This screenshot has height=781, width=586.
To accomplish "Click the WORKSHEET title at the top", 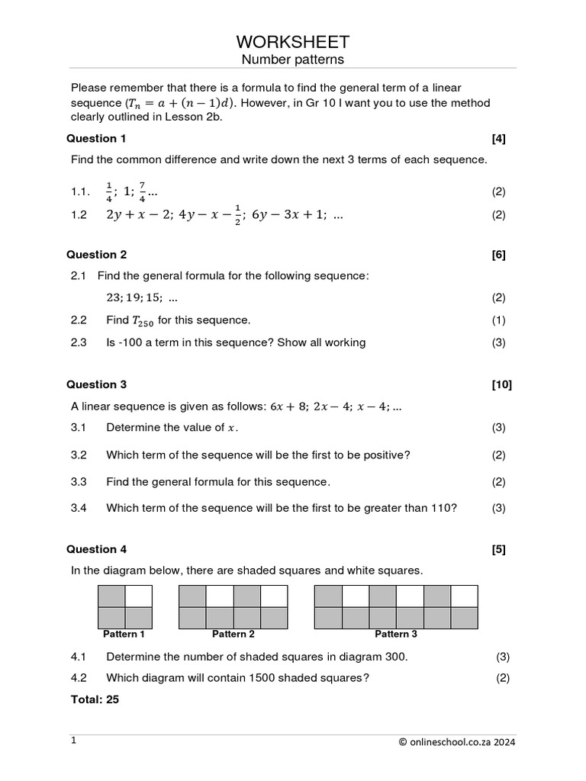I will [x=293, y=41].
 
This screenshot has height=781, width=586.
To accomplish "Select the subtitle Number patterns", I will [x=293, y=59].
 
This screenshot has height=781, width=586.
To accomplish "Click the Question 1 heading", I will [x=97, y=138].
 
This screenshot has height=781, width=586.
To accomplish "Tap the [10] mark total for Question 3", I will [x=502, y=384].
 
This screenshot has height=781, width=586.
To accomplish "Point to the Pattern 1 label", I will [x=124, y=634].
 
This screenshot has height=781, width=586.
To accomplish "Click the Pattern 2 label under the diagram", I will [x=233, y=634].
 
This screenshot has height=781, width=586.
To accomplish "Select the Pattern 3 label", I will [x=396, y=634].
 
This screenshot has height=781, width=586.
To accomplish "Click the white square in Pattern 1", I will [x=139, y=596].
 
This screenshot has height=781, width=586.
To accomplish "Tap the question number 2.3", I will [x=79, y=342].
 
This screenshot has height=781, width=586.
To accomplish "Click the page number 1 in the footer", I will [x=74, y=741].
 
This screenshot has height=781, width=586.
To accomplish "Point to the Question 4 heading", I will [x=97, y=549].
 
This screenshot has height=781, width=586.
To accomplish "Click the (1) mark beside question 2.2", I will [x=498, y=320].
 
